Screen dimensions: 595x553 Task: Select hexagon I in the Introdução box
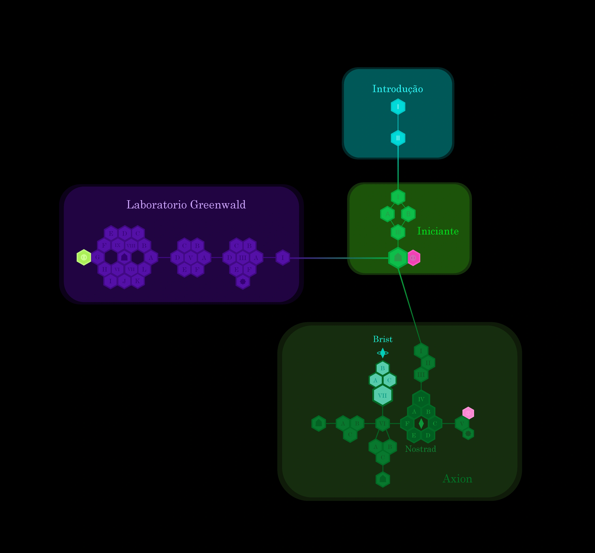[398, 107]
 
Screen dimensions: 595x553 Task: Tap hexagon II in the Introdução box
[398, 138]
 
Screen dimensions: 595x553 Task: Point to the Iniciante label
[438, 231]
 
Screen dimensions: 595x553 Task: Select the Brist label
[382, 339]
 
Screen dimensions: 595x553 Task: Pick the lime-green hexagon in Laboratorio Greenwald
[84, 257]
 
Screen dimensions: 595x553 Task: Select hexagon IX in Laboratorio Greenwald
[118, 245]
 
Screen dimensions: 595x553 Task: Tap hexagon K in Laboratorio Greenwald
[137, 281]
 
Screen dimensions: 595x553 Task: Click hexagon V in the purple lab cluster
[191, 257]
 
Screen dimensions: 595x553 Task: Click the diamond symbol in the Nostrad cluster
[421, 423]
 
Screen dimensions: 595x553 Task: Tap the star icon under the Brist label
[382, 353]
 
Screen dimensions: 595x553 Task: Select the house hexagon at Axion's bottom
[382, 479]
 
